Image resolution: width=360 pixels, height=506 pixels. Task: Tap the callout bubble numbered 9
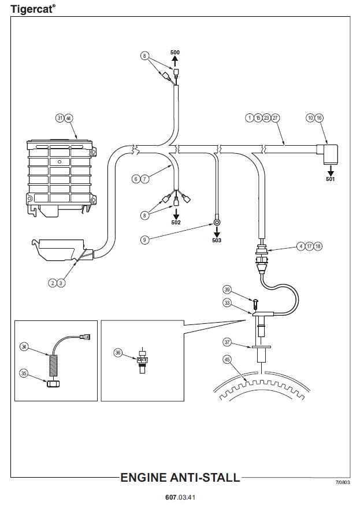pos(145,238)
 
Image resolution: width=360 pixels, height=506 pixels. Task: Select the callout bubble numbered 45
pos(227,359)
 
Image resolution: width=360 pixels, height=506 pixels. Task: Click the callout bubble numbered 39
pos(227,289)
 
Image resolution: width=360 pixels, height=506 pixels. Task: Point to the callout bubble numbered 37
pos(227,342)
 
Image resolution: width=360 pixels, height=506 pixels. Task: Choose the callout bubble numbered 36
pos(118,352)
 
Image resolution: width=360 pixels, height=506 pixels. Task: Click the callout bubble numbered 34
pos(24,346)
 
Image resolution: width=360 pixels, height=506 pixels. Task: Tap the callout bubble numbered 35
pos(24,373)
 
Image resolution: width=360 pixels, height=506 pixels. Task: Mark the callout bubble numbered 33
pos(227,302)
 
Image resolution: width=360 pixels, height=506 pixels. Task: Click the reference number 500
pos(175,53)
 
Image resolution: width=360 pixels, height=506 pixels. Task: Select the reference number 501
pos(331,179)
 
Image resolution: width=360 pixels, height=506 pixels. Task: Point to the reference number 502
pos(176,222)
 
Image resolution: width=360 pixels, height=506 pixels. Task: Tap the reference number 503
pos(216,239)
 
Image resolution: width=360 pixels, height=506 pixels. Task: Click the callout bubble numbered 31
pos(60,118)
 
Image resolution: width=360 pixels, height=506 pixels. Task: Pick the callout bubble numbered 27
pos(276,118)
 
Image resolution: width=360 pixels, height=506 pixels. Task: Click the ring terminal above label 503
pos(216,220)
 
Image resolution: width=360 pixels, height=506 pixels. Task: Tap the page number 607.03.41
pos(180,497)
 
